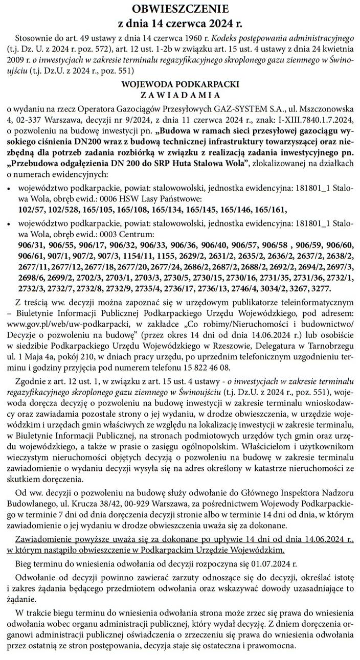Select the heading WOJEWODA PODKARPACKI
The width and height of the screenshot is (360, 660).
[179, 84]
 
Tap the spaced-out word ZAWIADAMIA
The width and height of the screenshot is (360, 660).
[179, 95]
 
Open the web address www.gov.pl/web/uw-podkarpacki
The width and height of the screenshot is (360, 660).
[69, 325]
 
